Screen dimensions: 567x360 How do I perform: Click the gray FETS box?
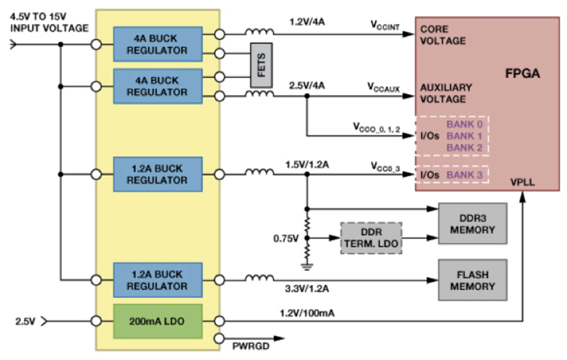(x=261, y=65)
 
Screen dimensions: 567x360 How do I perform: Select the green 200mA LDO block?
(x=157, y=321)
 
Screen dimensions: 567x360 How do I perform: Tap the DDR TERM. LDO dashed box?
(x=371, y=238)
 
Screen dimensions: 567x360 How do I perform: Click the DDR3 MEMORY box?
(x=473, y=224)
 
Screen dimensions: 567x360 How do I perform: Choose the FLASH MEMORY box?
(x=473, y=280)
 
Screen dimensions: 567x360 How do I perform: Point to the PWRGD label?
(x=251, y=347)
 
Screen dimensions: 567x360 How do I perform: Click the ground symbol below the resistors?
(x=307, y=266)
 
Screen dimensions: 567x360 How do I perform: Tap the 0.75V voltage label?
(x=286, y=239)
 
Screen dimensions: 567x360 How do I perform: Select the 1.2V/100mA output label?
(x=307, y=313)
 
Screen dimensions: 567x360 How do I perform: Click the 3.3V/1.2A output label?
(x=307, y=288)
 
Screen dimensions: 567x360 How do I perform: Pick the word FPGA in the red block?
(x=522, y=74)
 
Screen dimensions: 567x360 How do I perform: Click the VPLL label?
(x=522, y=182)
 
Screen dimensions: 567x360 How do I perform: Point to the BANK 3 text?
(x=464, y=175)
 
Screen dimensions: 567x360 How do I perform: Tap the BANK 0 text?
(x=464, y=124)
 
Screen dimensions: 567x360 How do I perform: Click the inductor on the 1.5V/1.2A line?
(x=259, y=171)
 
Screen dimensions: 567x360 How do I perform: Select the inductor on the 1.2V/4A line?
(x=259, y=32)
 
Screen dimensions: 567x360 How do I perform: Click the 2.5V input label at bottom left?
(x=26, y=321)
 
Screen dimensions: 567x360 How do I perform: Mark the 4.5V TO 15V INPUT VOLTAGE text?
(x=49, y=23)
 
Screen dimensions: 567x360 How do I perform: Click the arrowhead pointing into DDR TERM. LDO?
(x=335, y=238)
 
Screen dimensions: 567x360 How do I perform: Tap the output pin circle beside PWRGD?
(x=220, y=338)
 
